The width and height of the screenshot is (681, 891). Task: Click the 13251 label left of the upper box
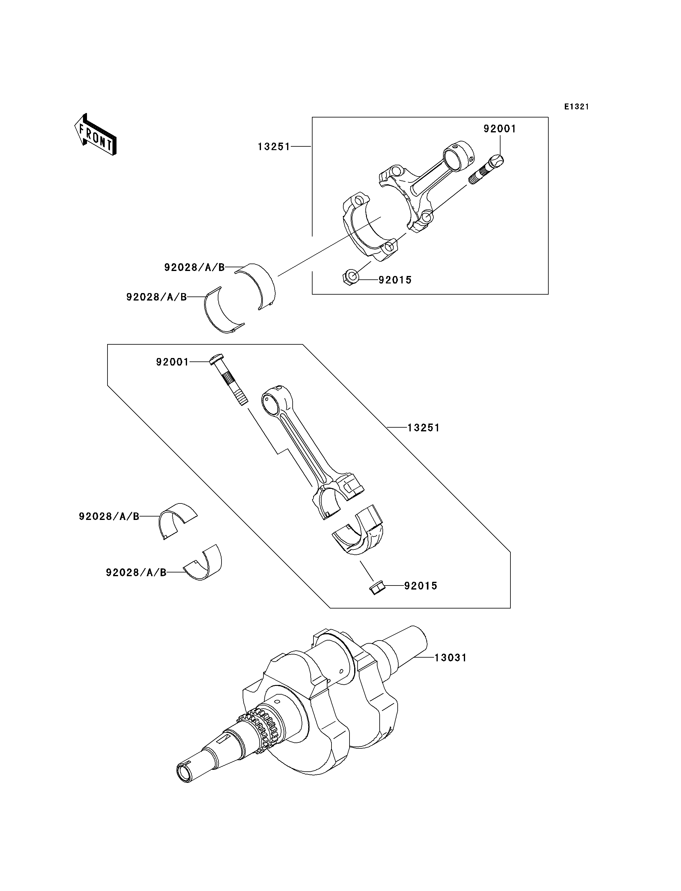tap(274, 147)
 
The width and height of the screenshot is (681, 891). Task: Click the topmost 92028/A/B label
tap(194, 267)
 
